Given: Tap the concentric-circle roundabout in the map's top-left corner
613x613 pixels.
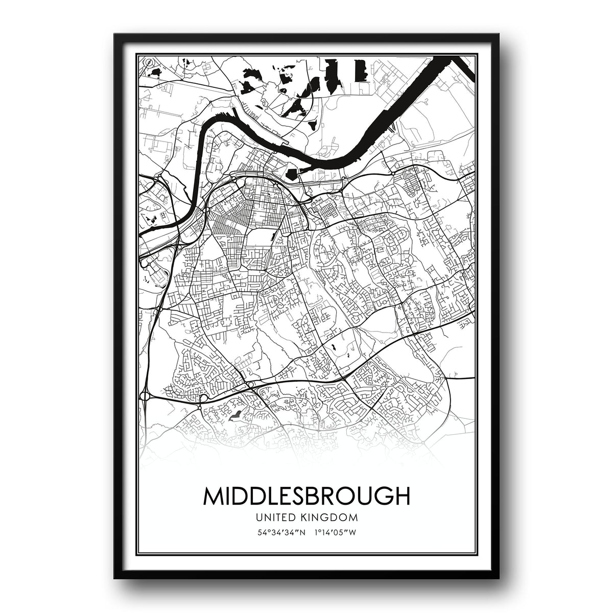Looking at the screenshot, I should click(x=149, y=63).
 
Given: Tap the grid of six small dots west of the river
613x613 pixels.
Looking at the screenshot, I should click(x=162, y=217).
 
